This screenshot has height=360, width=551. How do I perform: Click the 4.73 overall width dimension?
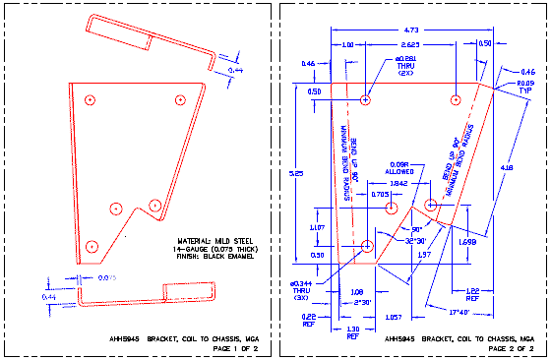(x=412, y=30)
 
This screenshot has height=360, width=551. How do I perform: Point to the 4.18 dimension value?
(x=507, y=166)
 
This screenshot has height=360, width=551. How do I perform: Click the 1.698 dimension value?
(x=467, y=241)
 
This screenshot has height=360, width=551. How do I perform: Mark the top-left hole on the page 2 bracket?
(x=366, y=100)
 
